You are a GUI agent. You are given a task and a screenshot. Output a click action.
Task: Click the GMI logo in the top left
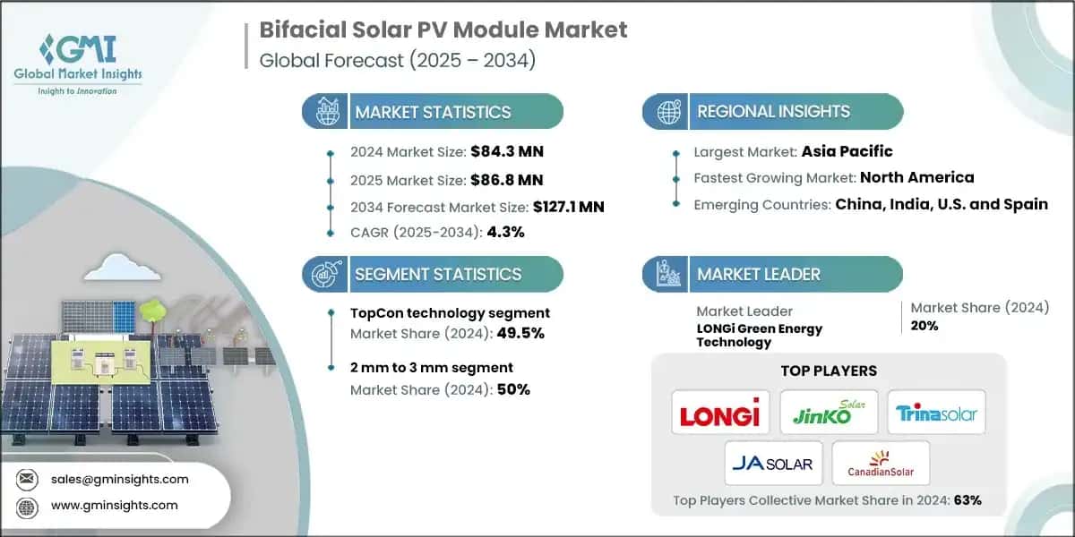coord(79,55)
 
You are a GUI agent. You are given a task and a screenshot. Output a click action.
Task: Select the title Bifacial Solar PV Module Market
coord(443,29)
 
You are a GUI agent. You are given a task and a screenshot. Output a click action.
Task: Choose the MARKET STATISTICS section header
coord(433,112)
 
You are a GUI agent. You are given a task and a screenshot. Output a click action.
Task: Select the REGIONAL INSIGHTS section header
coord(773,112)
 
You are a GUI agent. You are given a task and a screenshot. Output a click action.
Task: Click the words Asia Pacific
coord(847,151)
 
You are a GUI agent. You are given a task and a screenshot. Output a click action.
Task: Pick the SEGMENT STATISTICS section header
coord(438,274)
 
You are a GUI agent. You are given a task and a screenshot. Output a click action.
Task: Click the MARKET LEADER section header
coord(758,274)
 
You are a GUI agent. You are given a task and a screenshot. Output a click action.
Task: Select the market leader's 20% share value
coord(924,326)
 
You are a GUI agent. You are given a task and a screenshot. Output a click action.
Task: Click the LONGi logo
coord(719,413)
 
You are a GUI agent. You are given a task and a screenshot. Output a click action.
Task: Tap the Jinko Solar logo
coord(828,412)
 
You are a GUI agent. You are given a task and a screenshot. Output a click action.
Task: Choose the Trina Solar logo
coord(936,413)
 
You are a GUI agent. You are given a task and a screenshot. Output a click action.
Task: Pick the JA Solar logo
coord(771,463)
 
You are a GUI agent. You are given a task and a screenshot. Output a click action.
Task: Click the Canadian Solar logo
coord(881,463)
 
